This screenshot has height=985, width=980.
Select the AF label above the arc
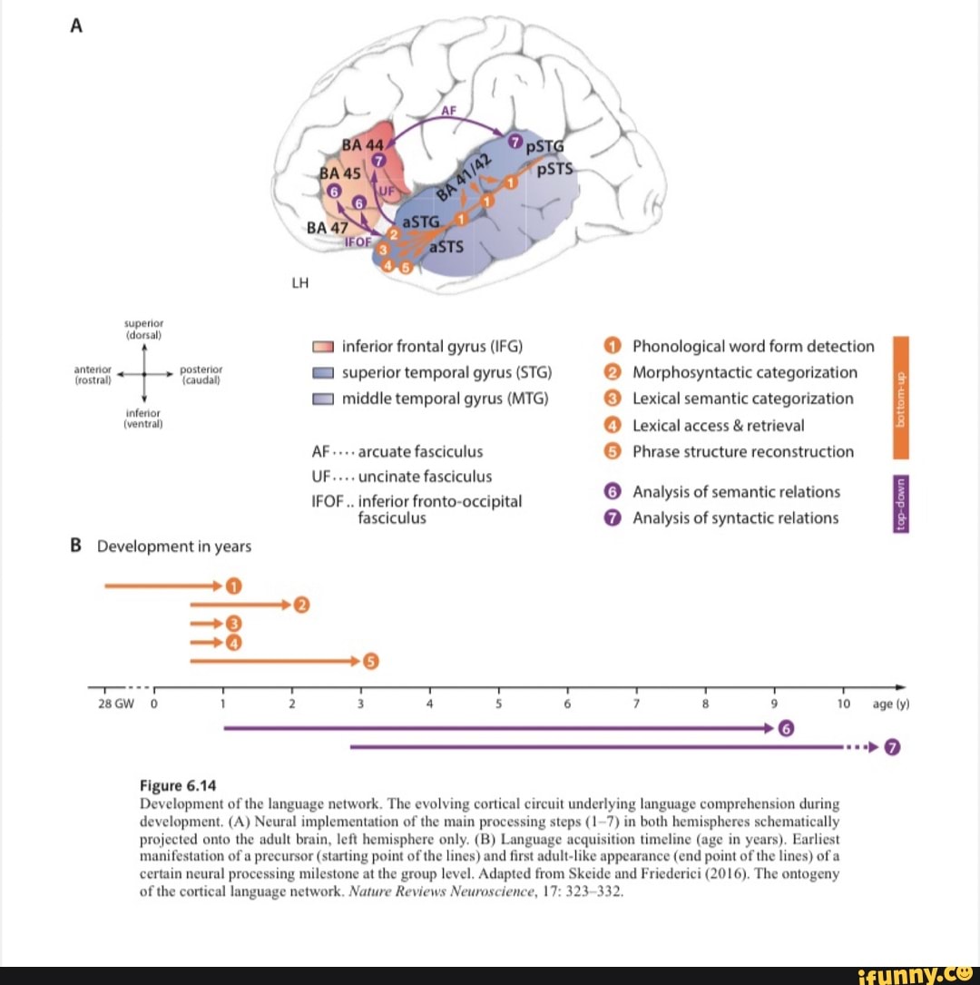pyautogui.click(x=448, y=111)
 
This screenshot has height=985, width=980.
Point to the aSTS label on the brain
pyautogui.click(x=446, y=246)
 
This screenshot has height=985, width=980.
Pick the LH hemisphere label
pyautogui.click(x=299, y=282)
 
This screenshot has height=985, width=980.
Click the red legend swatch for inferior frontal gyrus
pyautogui.click(x=323, y=347)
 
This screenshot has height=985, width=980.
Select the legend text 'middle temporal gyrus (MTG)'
pyautogui.click(x=445, y=399)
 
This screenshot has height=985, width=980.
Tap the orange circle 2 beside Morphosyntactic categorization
pyautogui.click(x=612, y=372)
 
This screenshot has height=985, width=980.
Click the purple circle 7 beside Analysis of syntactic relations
pyautogui.click(x=612, y=518)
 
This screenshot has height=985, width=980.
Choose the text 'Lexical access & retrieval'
pyautogui.click(x=718, y=425)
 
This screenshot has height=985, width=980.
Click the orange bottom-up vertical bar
pyautogui.click(x=900, y=386)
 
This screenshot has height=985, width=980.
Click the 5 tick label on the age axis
pyautogui.click(x=499, y=704)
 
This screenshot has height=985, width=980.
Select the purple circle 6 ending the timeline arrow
pyautogui.click(x=786, y=728)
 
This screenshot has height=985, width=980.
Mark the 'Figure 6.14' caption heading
pyautogui.click(x=177, y=786)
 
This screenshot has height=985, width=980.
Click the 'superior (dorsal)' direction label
pyautogui.click(x=143, y=328)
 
